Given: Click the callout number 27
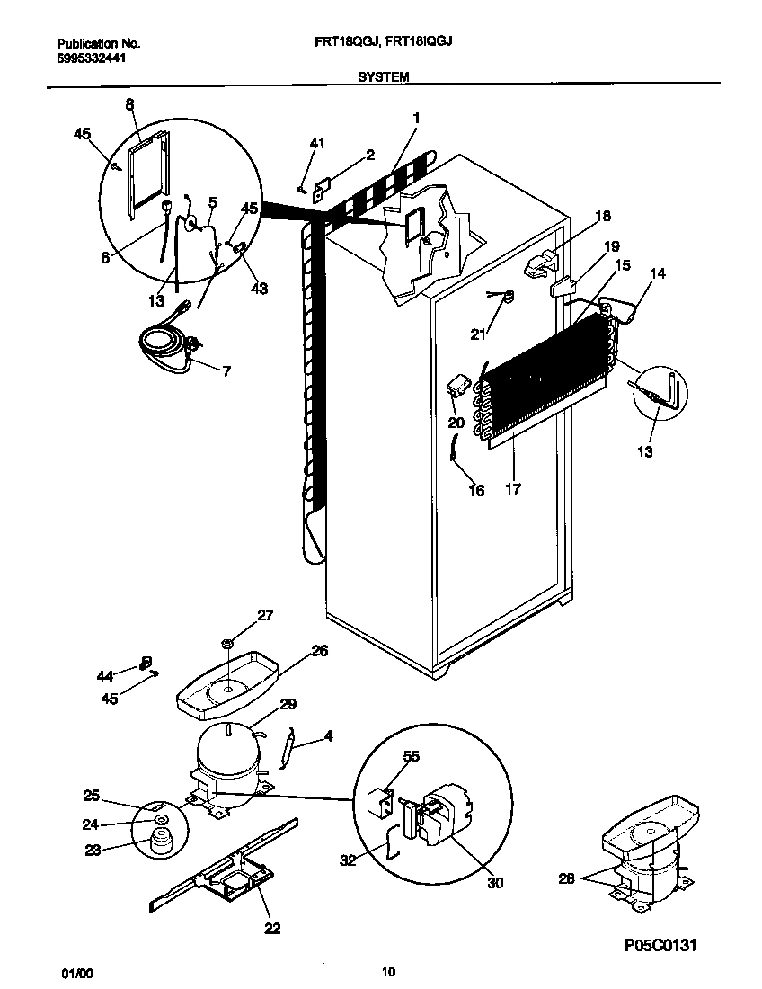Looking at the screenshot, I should [265, 615].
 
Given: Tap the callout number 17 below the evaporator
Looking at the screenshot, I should [512, 490].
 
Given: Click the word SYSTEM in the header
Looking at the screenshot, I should [384, 77].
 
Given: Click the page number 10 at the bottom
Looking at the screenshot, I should [388, 971].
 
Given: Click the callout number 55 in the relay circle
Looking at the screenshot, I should [411, 758].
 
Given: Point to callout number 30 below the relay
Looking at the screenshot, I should [494, 883].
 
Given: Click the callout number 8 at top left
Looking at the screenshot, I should [129, 104].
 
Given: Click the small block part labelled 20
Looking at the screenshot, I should [459, 386].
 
